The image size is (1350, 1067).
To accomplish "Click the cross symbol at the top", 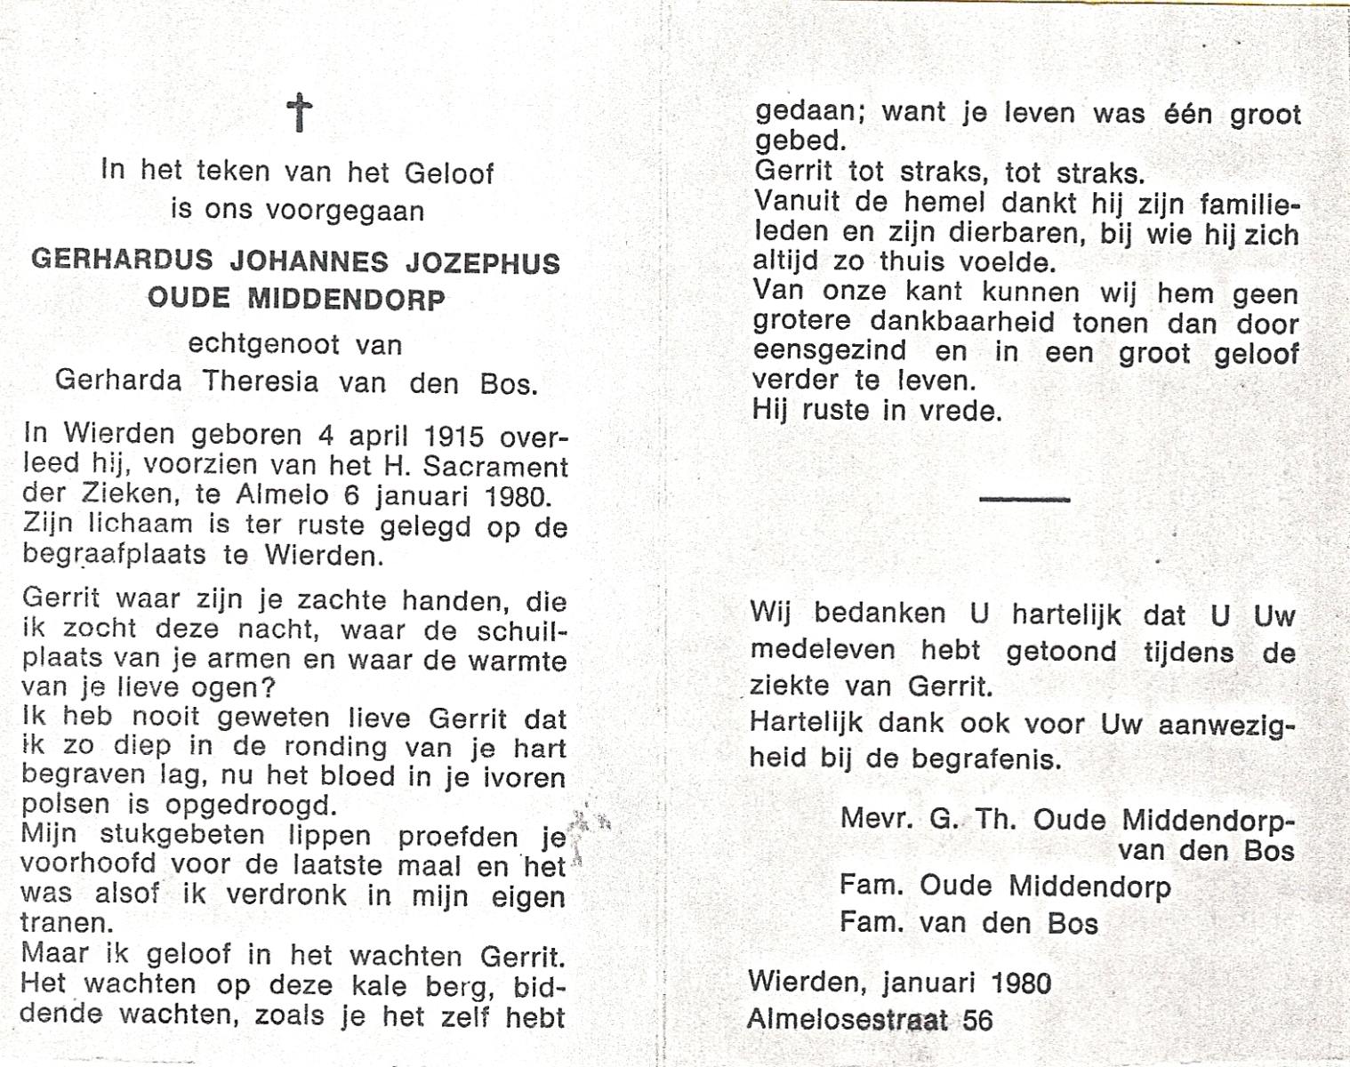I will [x=299, y=114].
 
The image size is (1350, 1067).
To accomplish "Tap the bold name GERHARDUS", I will [x=122, y=261].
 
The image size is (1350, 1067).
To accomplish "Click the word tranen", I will [x=66, y=922].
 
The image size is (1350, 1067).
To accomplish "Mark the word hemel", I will [x=928, y=205].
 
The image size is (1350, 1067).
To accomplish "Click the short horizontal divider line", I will [x=1024, y=500].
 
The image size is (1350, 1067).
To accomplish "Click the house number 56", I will [x=976, y=1019].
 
